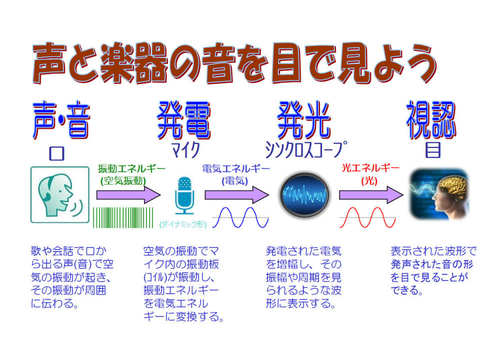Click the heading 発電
[184, 120]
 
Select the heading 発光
[304, 120]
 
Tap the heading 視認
[431, 120]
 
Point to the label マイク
[186, 150]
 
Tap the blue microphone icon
[184, 195]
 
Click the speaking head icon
[60, 194]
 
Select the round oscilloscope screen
[304, 195]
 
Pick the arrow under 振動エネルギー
[128, 194]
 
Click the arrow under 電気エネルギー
[237, 194]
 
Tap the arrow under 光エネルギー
[371, 194]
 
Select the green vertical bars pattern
[123, 217]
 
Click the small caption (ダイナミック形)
[182, 224]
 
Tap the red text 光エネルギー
[370, 168]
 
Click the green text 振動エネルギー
[131, 168]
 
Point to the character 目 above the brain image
[433, 150]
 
